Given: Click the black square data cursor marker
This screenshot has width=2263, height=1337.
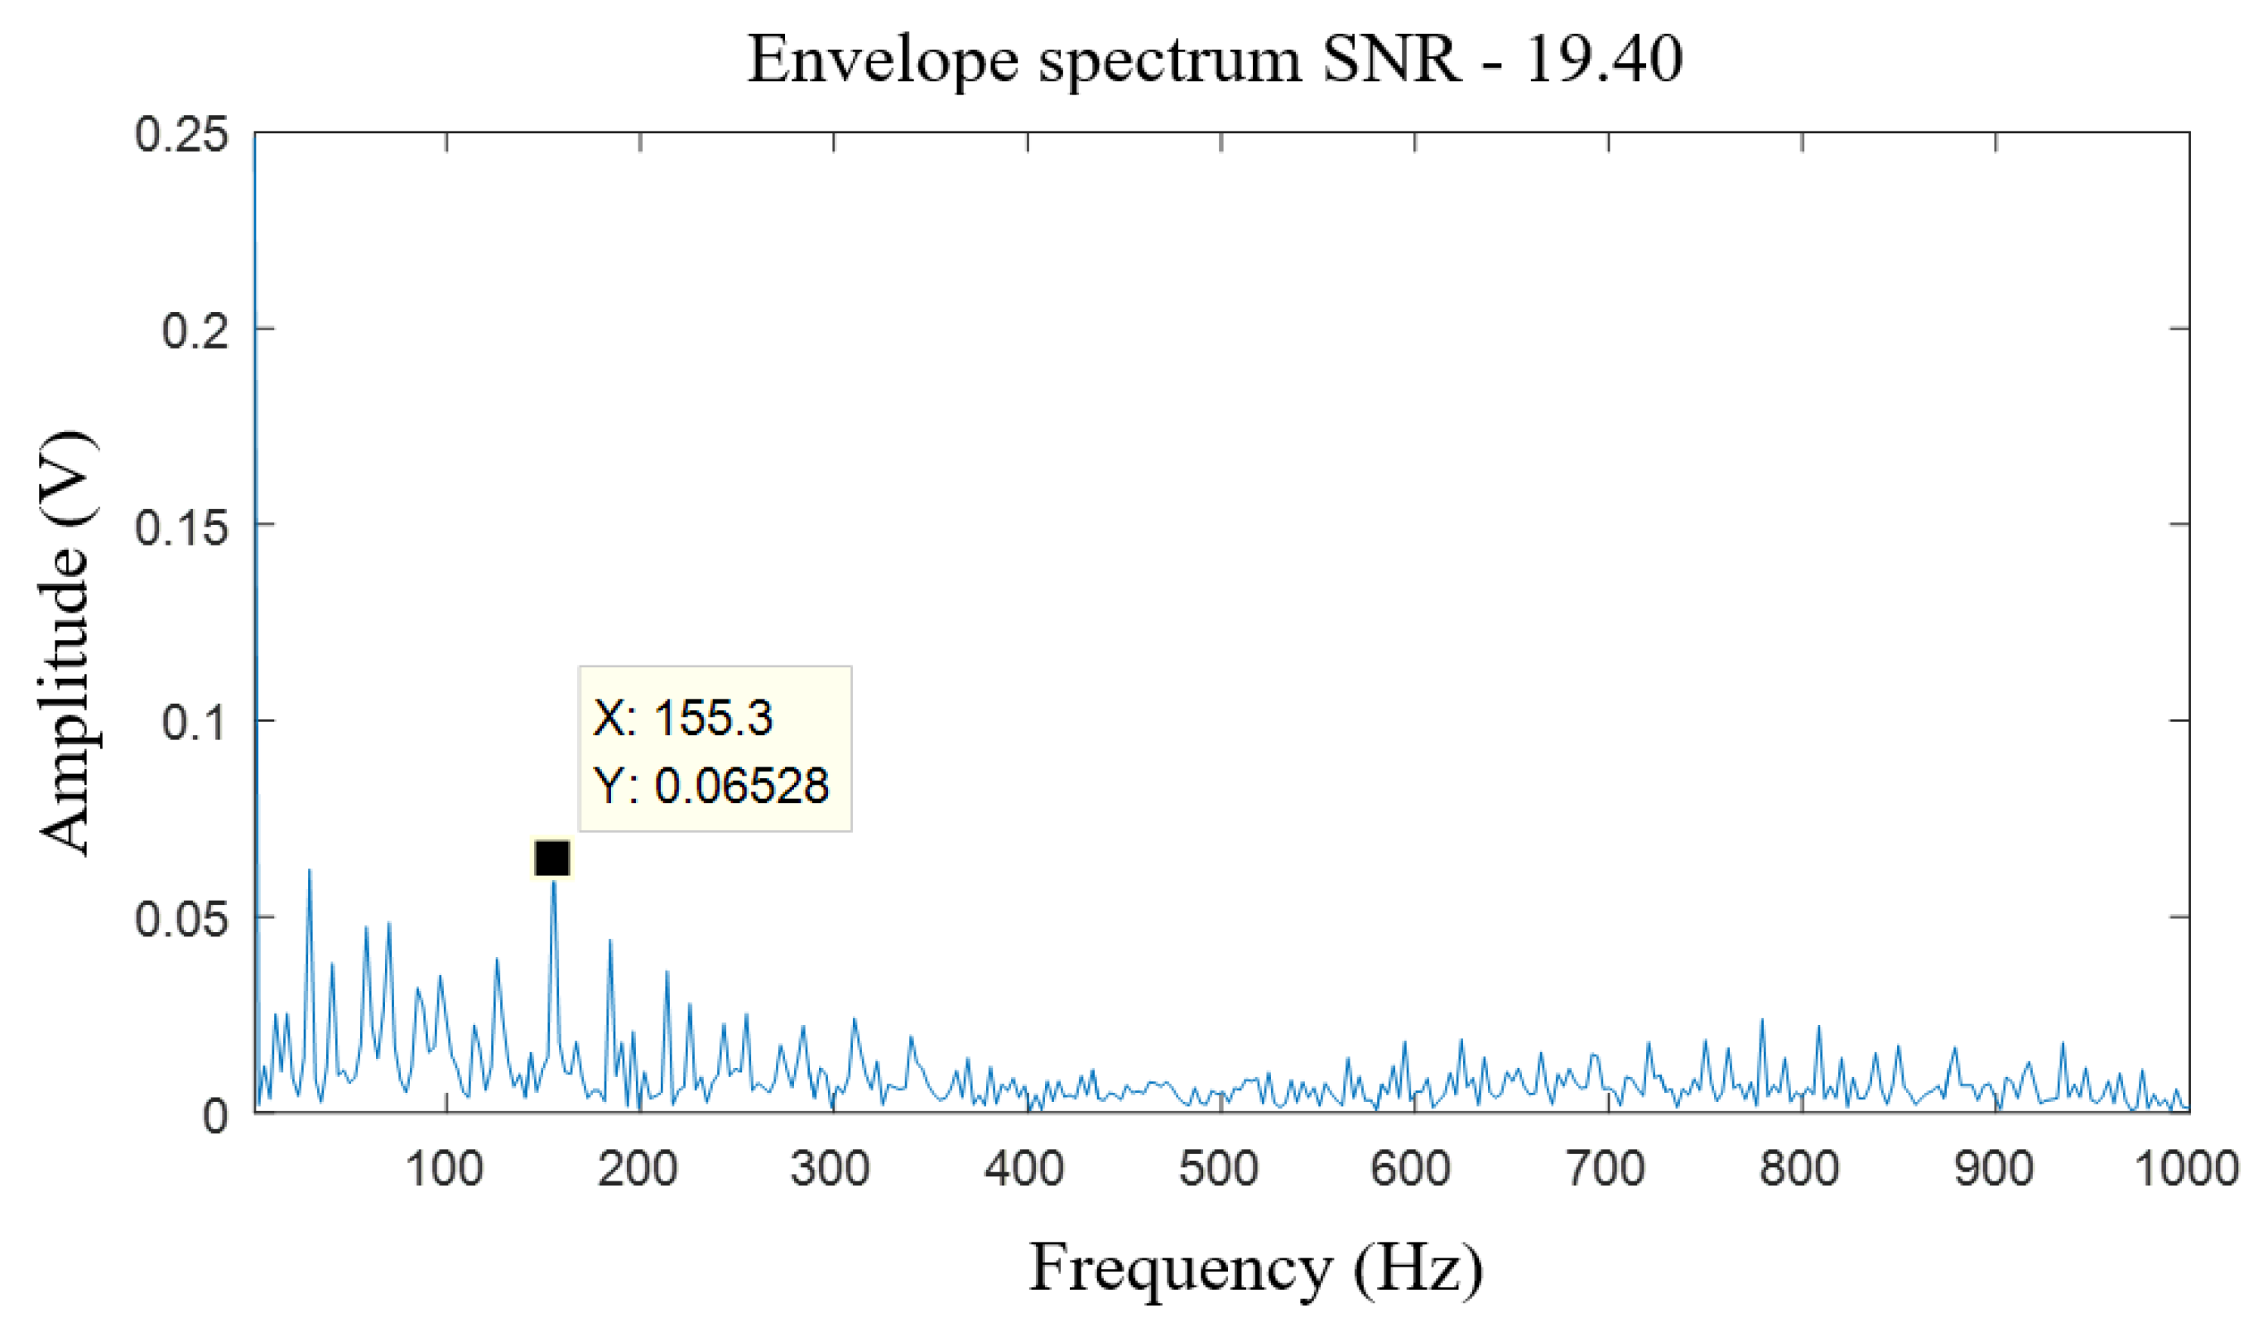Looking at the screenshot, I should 551,858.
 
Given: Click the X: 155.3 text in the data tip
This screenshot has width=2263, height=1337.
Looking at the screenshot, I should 683,718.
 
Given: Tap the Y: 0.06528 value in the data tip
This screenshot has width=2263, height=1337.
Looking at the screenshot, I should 710,785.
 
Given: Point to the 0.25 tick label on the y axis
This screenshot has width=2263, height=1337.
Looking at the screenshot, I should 181,136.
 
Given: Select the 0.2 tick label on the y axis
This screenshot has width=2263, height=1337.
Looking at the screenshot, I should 195,330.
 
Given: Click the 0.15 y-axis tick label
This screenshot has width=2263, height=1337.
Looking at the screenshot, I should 181,527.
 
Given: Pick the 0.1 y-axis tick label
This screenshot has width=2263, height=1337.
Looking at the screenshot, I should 195,724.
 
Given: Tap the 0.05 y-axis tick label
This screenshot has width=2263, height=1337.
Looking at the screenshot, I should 181,920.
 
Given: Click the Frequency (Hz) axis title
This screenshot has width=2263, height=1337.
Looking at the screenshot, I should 1256,1268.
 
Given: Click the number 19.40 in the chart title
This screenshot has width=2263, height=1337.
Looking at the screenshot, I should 1605,60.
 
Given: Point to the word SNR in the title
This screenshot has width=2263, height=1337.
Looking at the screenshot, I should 1391,60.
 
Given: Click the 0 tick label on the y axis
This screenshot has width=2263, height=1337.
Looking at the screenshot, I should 215,1117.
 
